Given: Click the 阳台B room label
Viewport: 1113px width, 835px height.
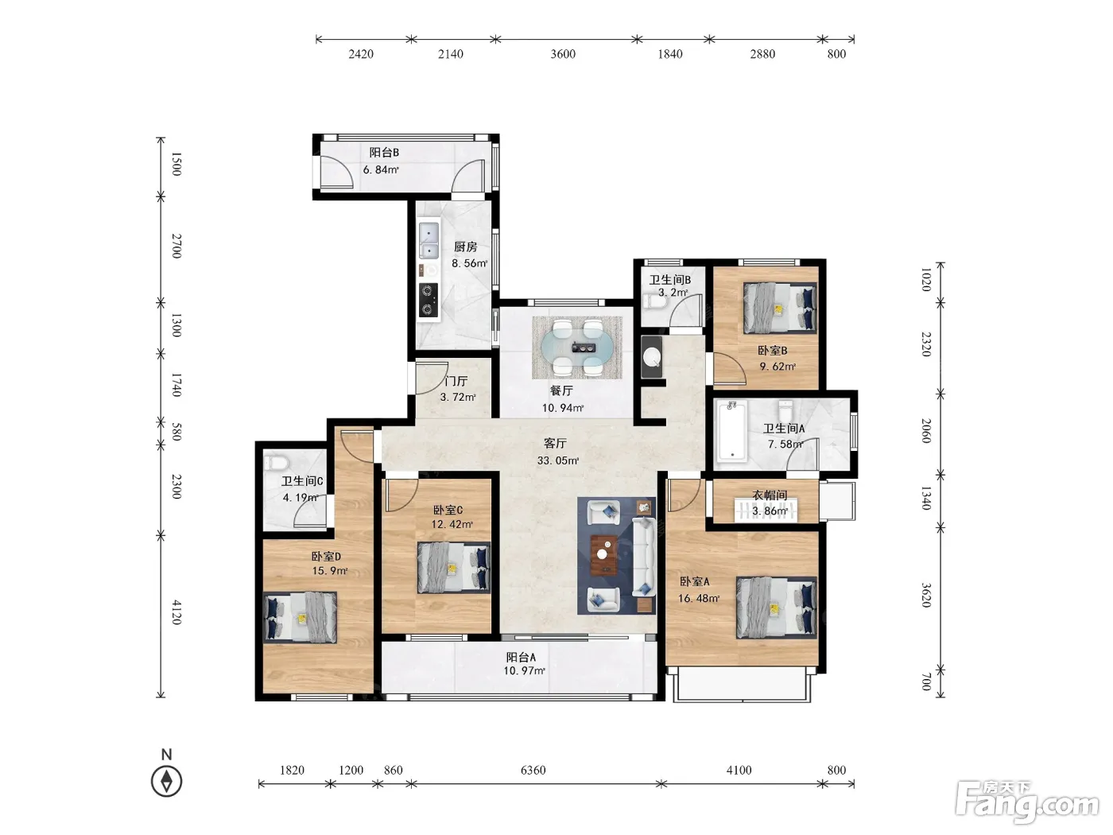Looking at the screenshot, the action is pyautogui.click(x=384, y=152).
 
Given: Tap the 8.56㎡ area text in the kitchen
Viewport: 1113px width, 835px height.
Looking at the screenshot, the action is pyautogui.click(x=470, y=263).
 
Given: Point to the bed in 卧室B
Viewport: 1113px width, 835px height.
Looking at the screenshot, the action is pyautogui.click(x=780, y=308).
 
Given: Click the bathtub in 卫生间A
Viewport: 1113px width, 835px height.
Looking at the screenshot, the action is pyautogui.click(x=731, y=430).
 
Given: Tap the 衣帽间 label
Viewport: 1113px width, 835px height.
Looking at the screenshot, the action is pyautogui.click(x=770, y=495).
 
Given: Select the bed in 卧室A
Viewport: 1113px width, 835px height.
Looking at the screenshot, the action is pyautogui.click(x=776, y=607).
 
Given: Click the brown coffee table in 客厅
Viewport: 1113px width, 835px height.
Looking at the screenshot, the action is pyautogui.click(x=604, y=554).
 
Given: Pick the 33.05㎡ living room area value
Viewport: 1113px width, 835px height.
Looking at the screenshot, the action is pyautogui.click(x=558, y=460).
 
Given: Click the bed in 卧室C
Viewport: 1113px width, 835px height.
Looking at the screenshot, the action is pyautogui.click(x=454, y=568).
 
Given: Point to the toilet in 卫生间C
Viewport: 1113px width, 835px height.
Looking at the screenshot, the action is pyautogui.click(x=277, y=462).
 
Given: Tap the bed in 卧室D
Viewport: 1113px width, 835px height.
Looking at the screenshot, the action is pyautogui.click(x=301, y=618).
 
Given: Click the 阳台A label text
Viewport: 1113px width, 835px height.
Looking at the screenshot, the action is pyautogui.click(x=521, y=658).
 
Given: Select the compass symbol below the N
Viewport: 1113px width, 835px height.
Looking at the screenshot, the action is pyautogui.click(x=166, y=781).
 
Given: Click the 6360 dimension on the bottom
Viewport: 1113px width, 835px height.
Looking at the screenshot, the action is pyautogui.click(x=533, y=770).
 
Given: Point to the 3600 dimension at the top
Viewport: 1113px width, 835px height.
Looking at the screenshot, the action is pyautogui.click(x=563, y=54).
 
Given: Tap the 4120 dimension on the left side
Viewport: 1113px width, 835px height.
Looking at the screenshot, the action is pyautogui.click(x=176, y=612).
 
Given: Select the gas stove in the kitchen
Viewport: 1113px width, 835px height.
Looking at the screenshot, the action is pyautogui.click(x=429, y=300).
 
